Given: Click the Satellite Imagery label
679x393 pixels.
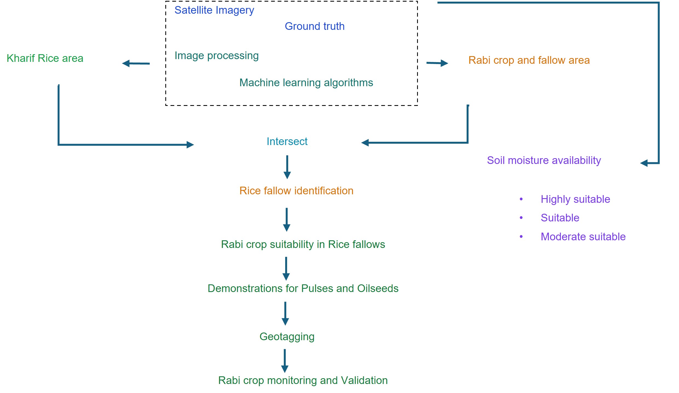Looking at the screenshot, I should (x=214, y=10).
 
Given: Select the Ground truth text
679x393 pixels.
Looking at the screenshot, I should (x=314, y=26).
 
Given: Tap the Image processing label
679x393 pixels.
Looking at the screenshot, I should (x=216, y=56).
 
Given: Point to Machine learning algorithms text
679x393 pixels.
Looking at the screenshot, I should (x=306, y=83).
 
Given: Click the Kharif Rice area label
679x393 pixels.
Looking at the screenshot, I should (x=45, y=58).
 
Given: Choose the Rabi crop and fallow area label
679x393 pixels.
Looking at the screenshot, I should (x=529, y=60).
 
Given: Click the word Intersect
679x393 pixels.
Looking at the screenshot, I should (x=287, y=141).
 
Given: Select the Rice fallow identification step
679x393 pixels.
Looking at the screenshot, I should (x=296, y=191).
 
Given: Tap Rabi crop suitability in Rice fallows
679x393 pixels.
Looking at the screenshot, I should (x=303, y=244).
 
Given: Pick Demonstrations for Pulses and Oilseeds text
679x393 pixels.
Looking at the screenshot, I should (x=303, y=288).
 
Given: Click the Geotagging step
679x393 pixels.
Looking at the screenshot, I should (x=287, y=337).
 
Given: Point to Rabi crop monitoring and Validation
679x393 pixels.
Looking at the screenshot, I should (x=303, y=380).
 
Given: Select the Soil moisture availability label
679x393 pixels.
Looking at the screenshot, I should (x=544, y=160).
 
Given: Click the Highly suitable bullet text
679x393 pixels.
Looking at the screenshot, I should (x=575, y=199).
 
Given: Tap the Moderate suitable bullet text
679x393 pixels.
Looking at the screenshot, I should (x=583, y=237).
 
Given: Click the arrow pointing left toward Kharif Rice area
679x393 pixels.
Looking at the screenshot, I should (x=136, y=63).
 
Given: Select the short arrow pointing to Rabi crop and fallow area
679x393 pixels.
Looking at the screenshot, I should (x=437, y=63).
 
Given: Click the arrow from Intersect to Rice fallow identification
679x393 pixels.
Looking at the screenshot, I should (x=287, y=167).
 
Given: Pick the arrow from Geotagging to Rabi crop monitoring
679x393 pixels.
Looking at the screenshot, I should (x=285, y=361).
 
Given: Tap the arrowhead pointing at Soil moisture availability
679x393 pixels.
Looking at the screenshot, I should (x=644, y=163).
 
